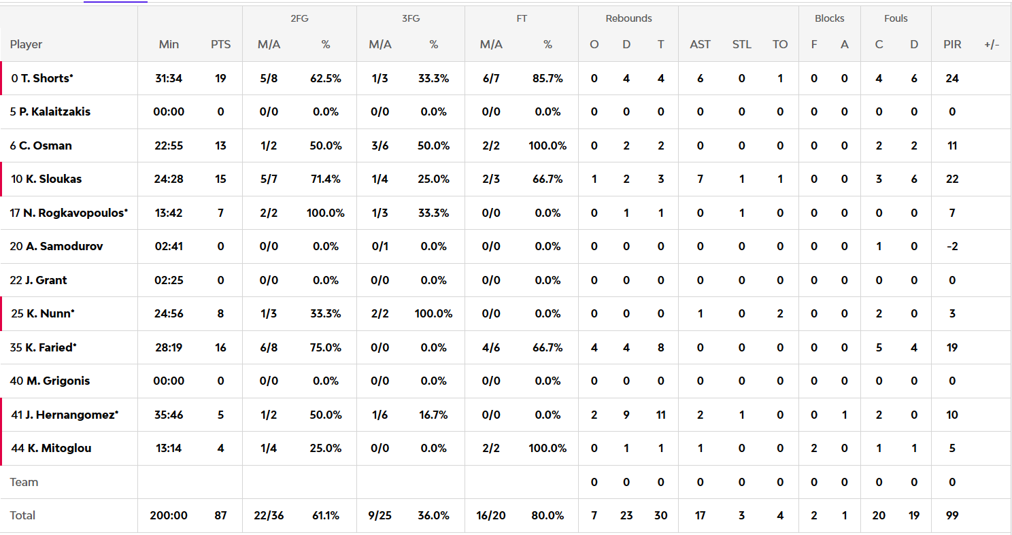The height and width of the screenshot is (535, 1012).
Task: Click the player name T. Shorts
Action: click(45, 78)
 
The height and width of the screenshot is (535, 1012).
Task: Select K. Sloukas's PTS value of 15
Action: click(220, 179)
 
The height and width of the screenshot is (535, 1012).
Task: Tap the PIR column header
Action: click(952, 44)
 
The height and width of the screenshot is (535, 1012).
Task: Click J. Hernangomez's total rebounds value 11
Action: click(660, 415)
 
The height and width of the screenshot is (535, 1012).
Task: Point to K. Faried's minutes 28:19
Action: click(169, 347)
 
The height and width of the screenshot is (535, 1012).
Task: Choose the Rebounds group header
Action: click(628, 18)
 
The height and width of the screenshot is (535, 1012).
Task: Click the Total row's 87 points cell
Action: click(220, 515)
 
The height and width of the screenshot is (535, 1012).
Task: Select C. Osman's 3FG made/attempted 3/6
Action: click(379, 145)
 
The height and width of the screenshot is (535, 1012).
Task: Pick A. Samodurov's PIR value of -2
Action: click(952, 246)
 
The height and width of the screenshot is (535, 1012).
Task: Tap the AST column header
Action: click(700, 44)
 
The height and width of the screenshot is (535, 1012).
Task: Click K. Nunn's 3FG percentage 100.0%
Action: click(433, 313)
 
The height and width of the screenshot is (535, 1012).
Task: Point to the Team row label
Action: click(24, 482)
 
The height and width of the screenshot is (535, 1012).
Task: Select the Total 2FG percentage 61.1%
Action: click(326, 515)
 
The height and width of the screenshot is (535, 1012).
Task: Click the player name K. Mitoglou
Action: click(58, 448)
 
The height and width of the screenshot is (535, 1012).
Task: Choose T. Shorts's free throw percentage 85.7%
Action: click(547, 78)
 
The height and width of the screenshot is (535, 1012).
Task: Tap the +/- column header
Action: click(992, 44)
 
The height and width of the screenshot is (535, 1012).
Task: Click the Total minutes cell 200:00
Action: click(169, 515)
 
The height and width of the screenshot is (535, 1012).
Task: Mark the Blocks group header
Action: click(829, 18)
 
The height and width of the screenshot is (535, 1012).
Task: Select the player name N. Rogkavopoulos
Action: click(75, 213)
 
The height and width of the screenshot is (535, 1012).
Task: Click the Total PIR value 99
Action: click(952, 515)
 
